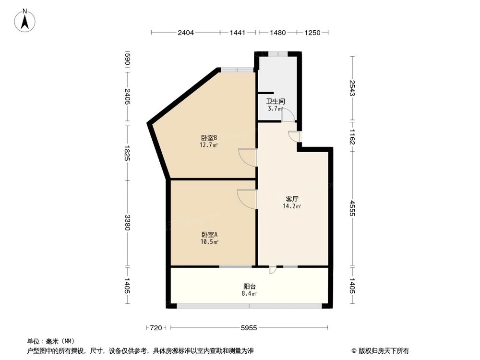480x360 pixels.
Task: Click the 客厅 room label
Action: click(292, 199)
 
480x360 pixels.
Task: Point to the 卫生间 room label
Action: click(276, 101)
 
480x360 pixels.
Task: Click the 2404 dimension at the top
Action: click(186, 33)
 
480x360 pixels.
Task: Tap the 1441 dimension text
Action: click(238, 33)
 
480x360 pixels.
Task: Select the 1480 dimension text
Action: click(277, 33)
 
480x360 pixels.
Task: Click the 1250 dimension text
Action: click(312, 33)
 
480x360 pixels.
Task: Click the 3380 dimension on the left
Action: click(127, 222)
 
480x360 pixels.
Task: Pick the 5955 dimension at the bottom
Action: click(249, 328)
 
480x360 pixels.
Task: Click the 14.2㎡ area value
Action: click(292, 206)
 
